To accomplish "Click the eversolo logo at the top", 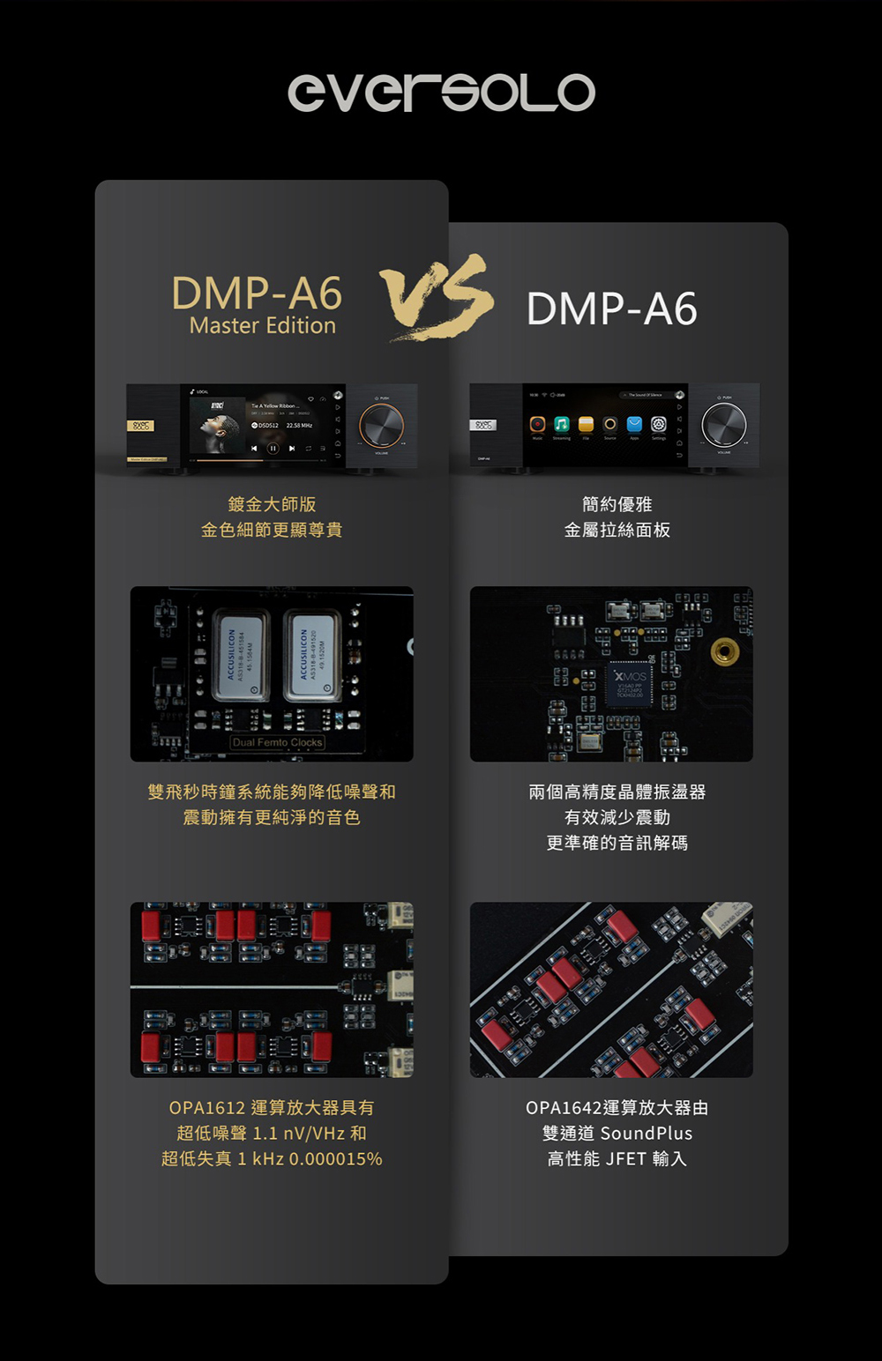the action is (441, 92).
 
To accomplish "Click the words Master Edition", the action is (262, 326).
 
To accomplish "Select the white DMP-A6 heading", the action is (611, 309).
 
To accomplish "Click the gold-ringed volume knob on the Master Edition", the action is (381, 427).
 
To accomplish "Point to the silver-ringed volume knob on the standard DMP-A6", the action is (723, 425).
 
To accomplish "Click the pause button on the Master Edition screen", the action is (273, 448).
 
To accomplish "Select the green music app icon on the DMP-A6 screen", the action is (561, 425).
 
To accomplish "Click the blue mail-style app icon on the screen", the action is (634, 425).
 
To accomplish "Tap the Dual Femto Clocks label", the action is (277, 742).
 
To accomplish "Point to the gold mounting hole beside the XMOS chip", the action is (724, 651).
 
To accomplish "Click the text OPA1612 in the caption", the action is (206, 1108).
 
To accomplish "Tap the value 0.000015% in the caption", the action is (335, 1159).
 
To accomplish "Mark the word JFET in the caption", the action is (625, 1159).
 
